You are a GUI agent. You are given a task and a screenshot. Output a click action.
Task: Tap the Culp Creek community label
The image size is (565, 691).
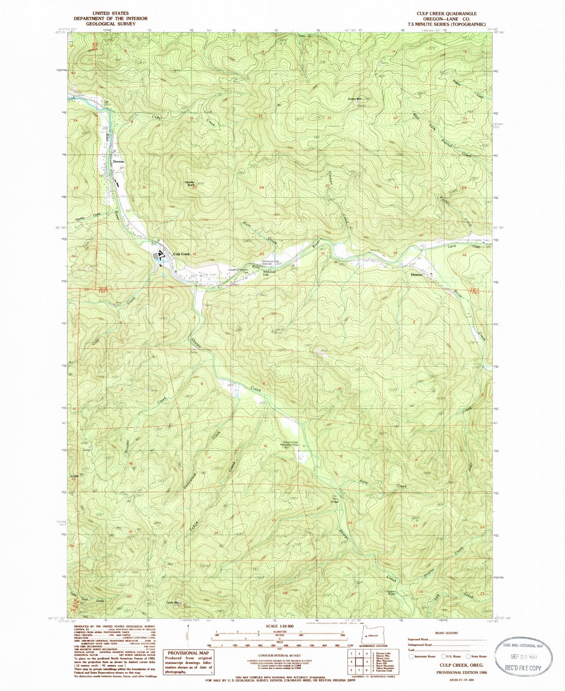tap(181, 254)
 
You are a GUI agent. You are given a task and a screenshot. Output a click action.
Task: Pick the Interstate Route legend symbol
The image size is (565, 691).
tap(411, 657)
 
